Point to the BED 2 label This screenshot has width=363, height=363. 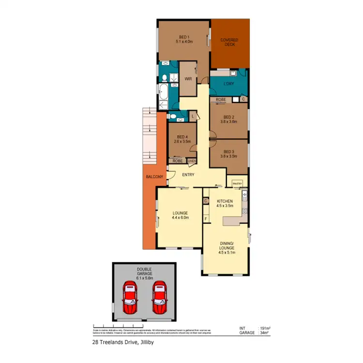point(229,117)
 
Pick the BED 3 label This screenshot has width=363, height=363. point(229,152)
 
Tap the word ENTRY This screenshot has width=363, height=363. point(188,175)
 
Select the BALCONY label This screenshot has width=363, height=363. point(154,177)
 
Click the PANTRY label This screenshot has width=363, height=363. point(237,184)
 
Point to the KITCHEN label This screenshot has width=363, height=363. point(225,201)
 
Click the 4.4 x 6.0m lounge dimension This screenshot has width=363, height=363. point(180,218)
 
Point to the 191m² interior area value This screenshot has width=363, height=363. point(265,328)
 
